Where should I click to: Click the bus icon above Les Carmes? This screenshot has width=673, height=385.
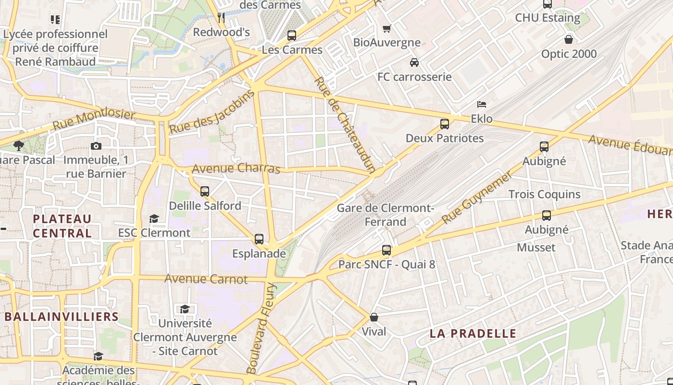point(291,35)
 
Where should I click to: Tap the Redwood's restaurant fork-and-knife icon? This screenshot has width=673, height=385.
point(221,18)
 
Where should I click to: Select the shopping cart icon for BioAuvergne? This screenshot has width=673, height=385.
point(386,28)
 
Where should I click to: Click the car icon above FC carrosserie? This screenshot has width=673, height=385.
point(414,63)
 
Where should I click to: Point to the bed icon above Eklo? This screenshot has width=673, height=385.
point(481,104)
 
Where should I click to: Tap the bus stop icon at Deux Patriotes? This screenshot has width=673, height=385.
point(445,124)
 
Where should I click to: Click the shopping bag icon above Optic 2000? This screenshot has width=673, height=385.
point(569,39)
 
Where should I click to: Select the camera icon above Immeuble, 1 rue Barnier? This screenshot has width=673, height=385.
point(96,146)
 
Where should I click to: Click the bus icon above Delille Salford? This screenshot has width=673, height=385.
point(205,192)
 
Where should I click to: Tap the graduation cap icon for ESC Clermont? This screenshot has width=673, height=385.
point(154,219)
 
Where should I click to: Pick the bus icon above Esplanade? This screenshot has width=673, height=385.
point(259,239)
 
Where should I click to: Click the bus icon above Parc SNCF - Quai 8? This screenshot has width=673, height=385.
point(386,250)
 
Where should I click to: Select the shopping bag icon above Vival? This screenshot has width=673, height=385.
point(374,318)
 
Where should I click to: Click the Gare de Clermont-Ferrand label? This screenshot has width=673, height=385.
point(386,215)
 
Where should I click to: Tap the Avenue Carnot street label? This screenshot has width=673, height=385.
point(206,279)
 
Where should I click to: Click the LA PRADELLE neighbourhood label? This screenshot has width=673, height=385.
point(473,334)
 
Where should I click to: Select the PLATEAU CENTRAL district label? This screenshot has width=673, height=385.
point(62,226)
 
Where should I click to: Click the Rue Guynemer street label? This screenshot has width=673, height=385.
point(476,198)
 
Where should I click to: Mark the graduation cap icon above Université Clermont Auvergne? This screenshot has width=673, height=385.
point(185,309)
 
